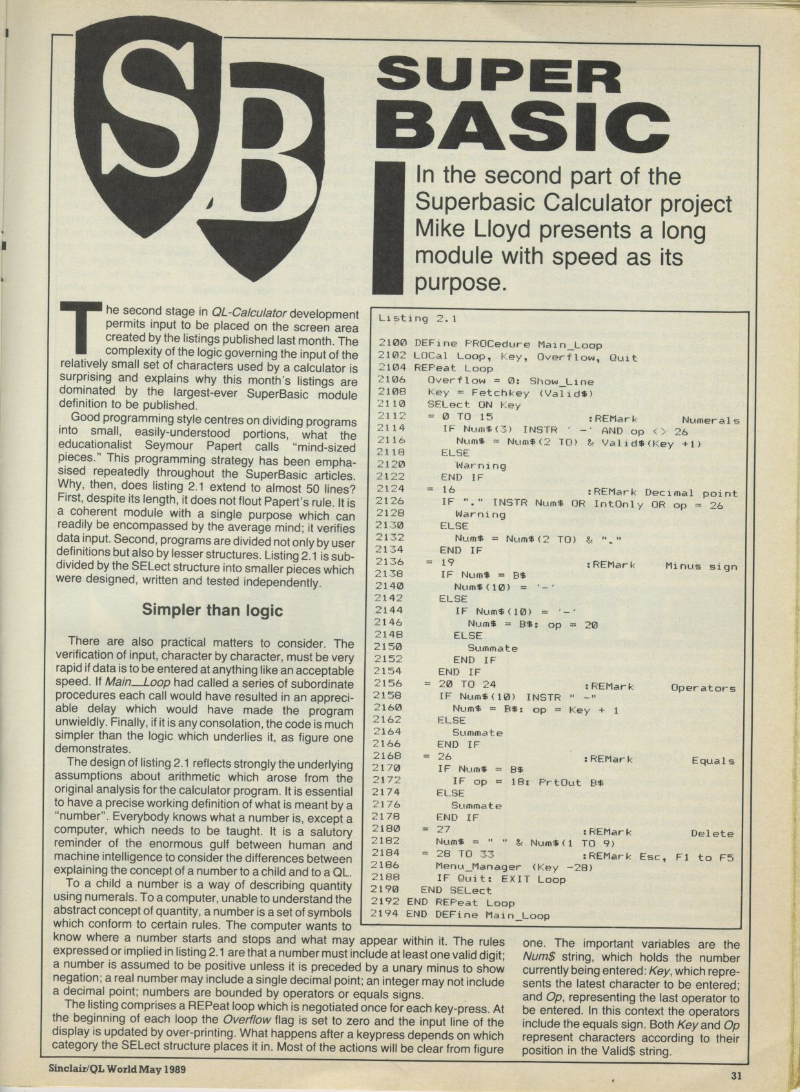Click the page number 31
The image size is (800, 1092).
click(x=737, y=1075)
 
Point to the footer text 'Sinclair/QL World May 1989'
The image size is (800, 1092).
click(x=118, y=1069)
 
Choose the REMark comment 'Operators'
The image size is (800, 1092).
click(x=703, y=688)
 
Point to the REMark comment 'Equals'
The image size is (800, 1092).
click(x=713, y=761)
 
